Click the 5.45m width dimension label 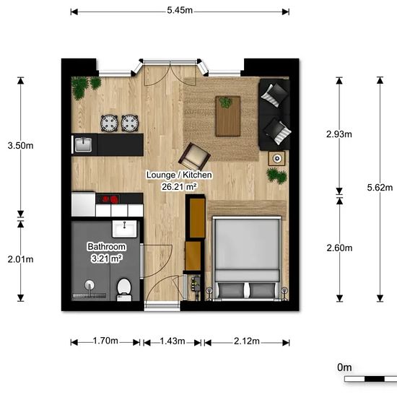click(180, 10)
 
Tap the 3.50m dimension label click(20, 146)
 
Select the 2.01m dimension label click(20, 259)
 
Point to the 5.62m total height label click(380, 188)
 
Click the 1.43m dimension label click(173, 341)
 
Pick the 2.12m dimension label click(247, 341)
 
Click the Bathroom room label click(106, 247)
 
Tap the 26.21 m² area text click(179, 187)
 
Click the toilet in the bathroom click(124, 289)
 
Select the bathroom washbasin click(125, 229)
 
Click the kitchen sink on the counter click(83, 145)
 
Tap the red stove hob click(110, 198)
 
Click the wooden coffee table click(228, 116)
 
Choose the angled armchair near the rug click(194, 157)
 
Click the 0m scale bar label click(344, 367)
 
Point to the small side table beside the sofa click(276, 159)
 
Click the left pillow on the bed click(231, 290)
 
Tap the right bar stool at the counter click(130, 123)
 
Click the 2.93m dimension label click(339, 134)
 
